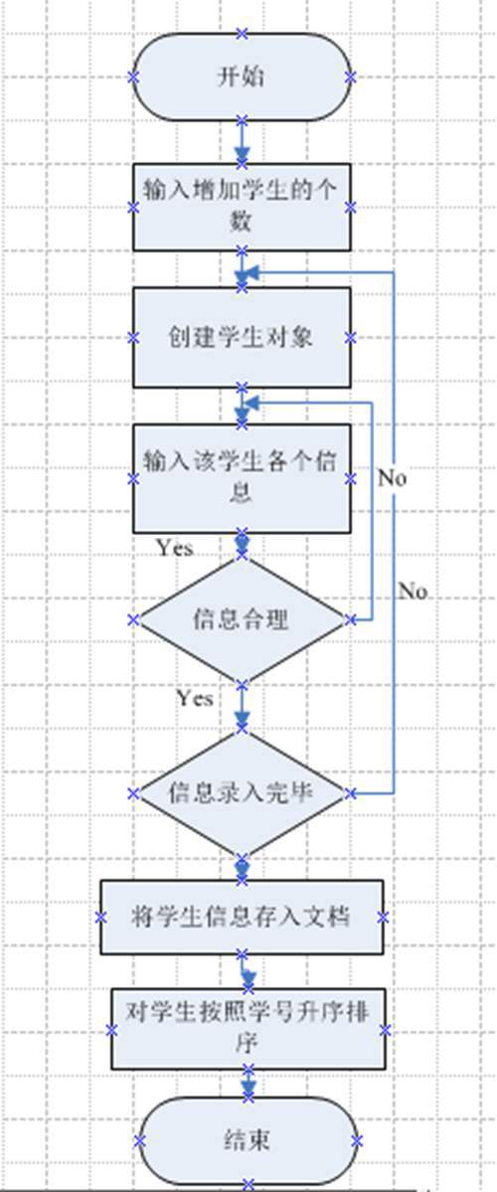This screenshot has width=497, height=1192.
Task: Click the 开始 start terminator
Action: [242, 77]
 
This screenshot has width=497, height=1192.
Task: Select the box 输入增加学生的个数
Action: [242, 207]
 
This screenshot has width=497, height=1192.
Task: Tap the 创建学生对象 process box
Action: [242, 337]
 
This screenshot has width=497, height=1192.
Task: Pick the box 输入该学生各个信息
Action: [242, 478]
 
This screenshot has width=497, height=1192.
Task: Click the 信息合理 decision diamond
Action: [242, 619]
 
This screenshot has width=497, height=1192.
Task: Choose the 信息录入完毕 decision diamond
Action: [242, 793]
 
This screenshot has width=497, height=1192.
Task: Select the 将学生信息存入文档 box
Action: [242, 917]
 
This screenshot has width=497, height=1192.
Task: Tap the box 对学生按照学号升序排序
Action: [248, 1029]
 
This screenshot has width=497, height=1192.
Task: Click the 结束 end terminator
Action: [248, 1140]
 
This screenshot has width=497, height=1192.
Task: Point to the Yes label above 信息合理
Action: [174, 547]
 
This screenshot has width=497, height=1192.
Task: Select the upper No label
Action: [392, 478]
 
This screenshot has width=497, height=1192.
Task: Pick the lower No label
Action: [413, 591]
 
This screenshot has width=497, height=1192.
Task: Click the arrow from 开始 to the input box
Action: [242, 142]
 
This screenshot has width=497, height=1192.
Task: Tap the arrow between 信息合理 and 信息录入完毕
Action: [242, 706]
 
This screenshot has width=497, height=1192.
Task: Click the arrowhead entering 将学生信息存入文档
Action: [242, 867]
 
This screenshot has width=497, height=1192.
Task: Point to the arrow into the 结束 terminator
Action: [248, 1084]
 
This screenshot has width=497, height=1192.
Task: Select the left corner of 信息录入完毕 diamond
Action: [134, 793]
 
